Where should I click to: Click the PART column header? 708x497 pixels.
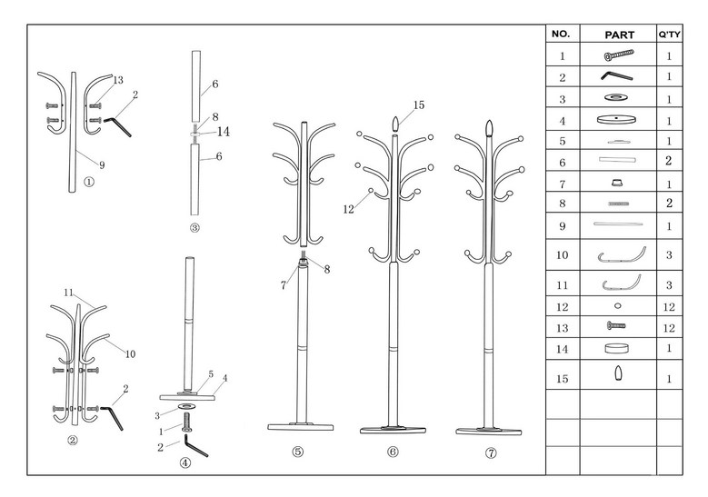pyautogui.click(x=619, y=35)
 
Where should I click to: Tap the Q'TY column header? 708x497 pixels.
pyautogui.click(x=669, y=35)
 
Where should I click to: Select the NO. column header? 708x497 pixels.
pyautogui.click(x=561, y=34)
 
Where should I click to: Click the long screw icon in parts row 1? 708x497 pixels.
pyautogui.click(x=619, y=55)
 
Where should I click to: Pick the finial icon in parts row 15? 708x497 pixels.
pyautogui.click(x=618, y=373)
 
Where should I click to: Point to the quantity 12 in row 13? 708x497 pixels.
pyautogui.click(x=669, y=328)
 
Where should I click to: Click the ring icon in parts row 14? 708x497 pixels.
pyautogui.click(x=616, y=348)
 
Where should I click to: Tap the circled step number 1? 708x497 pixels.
pyautogui.click(x=89, y=182)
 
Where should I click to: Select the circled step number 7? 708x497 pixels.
pyautogui.click(x=491, y=452)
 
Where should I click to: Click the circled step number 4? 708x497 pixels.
pyautogui.click(x=185, y=462)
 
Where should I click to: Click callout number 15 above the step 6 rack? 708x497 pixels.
pyautogui.click(x=419, y=104)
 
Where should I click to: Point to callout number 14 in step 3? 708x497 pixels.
pyautogui.click(x=224, y=132)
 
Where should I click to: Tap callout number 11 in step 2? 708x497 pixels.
pyautogui.click(x=68, y=293)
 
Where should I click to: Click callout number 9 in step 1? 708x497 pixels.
pyautogui.click(x=102, y=165)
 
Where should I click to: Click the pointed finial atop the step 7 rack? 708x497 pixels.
pyautogui.click(x=489, y=128)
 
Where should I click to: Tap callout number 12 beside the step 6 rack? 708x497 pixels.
pyautogui.click(x=349, y=210)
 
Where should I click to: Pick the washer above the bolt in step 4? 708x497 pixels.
pyautogui.click(x=186, y=406)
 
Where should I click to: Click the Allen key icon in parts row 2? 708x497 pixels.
pyautogui.click(x=616, y=75)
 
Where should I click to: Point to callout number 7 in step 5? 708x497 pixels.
pyautogui.click(x=284, y=285)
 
